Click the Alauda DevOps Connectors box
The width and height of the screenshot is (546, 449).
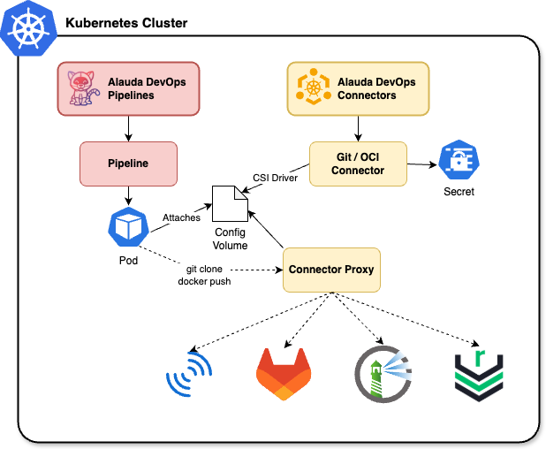(357, 88)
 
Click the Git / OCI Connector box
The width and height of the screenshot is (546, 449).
(358, 164)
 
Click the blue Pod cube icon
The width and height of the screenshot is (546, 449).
(128, 229)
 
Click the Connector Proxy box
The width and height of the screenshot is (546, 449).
(331, 269)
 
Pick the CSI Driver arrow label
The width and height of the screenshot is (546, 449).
(275, 178)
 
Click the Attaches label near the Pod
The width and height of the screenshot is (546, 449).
(181, 217)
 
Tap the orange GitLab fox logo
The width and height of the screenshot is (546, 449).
(283, 373)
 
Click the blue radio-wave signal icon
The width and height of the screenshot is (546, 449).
(190, 375)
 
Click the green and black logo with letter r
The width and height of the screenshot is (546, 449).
(477, 371)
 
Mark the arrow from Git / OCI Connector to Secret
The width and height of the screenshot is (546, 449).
(421, 164)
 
